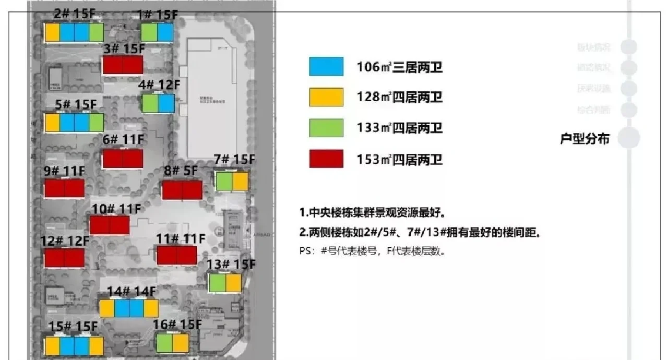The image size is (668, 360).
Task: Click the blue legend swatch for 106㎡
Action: [x=326, y=66]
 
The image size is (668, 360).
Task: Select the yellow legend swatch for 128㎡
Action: [x=326, y=97]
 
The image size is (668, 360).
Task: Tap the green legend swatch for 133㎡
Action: [x=326, y=128]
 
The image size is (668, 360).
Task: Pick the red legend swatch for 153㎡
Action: [x=326, y=159]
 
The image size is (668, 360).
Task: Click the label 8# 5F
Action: [x=181, y=171]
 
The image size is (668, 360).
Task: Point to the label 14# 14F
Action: [x=131, y=291]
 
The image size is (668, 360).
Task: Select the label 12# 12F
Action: [x=65, y=241]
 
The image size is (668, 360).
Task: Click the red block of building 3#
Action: [x=123, y=65]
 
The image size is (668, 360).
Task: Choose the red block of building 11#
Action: [x=177, y=255]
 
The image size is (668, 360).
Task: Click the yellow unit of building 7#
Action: [x=240, y=182]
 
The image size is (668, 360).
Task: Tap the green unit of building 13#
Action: [x=217, y=283]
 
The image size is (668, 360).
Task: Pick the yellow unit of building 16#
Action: [x=181, y=343]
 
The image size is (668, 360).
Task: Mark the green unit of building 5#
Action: [x=96, y=123]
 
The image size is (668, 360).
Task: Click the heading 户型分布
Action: [x=584, y=139]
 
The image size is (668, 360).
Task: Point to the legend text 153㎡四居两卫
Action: [x=400, y=159]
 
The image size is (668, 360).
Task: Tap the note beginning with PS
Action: [x=372, y=251]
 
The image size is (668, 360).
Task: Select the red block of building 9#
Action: [x=64, y=188]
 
